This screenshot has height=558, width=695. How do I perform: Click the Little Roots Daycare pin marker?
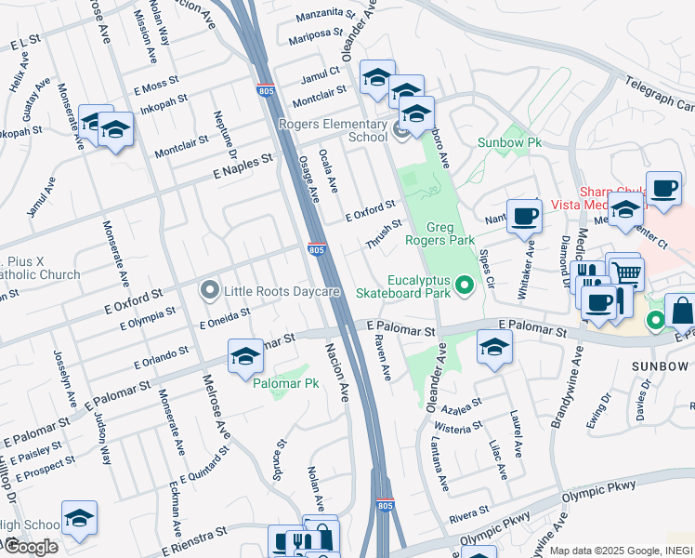tap(210, 291)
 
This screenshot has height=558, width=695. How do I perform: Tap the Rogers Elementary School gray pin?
tap(402, 130)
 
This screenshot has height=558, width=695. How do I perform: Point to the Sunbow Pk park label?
tap(509, 142)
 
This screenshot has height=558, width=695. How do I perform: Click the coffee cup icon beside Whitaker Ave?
tap(524, 216)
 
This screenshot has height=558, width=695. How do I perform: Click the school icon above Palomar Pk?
tap(245, 356)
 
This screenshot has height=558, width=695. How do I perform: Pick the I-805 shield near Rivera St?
tap(386, 505)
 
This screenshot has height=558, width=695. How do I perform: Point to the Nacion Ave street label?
tap(336, 370)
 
